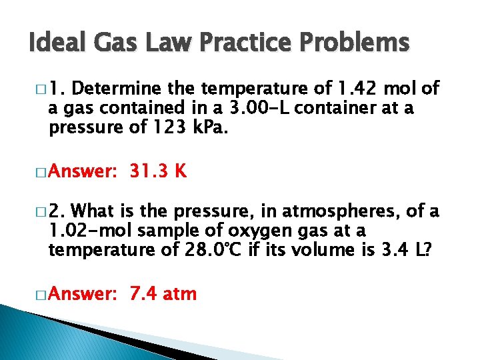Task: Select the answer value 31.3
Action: [149, 171]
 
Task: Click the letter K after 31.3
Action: [181, 171]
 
